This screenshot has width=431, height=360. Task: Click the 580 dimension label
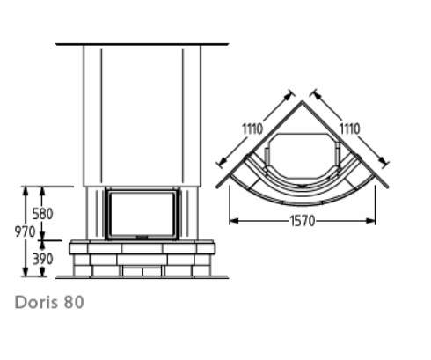42,214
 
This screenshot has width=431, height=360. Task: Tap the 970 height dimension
25,231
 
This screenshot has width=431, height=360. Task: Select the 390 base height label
43,259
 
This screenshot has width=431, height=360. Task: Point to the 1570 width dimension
303,221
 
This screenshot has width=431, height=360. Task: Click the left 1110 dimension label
252,129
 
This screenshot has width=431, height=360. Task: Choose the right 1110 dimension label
349,129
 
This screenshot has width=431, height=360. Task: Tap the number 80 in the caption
74,302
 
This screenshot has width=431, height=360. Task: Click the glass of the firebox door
142,214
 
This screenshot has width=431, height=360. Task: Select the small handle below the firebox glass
142,236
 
